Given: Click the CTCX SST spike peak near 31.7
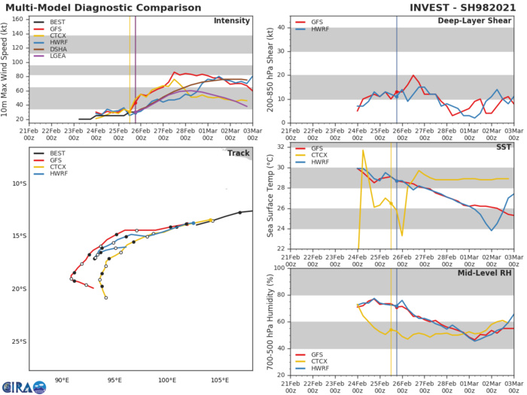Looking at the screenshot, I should [364, 150].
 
